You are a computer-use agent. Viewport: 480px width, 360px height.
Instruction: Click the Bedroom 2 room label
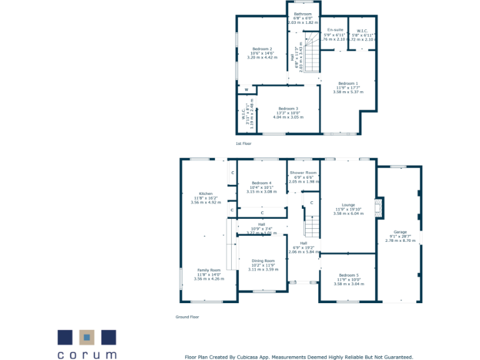tap(262, 49)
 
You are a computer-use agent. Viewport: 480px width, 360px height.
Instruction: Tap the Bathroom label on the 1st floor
tap(302, 14)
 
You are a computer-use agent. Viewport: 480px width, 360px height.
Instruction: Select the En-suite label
tap(334, 30)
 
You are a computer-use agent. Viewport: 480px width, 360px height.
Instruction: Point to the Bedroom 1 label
tap(348, 83)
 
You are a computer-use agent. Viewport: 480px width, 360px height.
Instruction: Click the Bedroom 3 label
tap(288, 108)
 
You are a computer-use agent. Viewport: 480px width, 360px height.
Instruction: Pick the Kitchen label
tap(206, 194)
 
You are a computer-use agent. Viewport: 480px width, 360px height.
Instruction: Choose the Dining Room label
tap(263, 261)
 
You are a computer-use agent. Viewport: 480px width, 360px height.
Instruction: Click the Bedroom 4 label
tap(261, 182)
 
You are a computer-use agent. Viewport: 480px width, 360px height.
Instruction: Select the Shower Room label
tap(303, 172)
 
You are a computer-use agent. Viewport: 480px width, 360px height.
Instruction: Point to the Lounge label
tap(348, 205)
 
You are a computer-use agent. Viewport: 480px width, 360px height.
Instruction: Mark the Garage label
tap(400, 232)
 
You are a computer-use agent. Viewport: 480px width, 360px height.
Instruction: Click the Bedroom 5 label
tap(348, 275)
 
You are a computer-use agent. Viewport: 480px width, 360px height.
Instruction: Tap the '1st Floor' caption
tap(243, 144)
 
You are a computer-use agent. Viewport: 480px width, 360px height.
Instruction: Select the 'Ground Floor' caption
tap(187, 317)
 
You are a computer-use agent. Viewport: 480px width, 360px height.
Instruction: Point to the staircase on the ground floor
tap(312, 225)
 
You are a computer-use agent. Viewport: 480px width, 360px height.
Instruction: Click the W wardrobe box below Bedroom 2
tap(246, 89)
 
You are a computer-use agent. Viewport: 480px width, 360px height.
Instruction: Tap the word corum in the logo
tap(87, 354)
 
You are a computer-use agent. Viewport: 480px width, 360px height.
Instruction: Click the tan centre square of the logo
tap(87, 337)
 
